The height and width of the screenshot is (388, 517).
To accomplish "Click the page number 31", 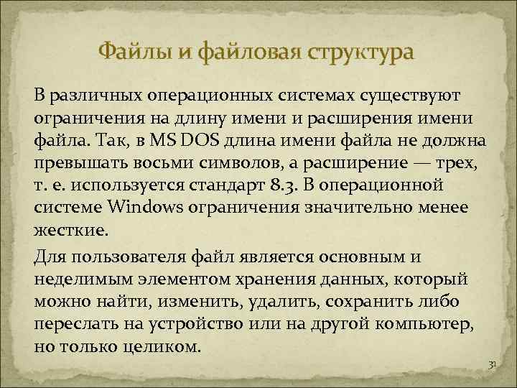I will pyautogui.click(x=492, y=366).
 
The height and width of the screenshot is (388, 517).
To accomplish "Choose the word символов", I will pyautogui.click(x=233, y=162).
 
